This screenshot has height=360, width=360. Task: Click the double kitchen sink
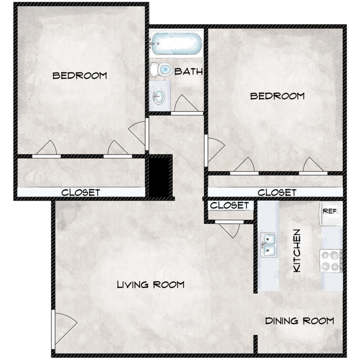point(269,244)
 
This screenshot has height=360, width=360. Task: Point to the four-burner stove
point(331,260)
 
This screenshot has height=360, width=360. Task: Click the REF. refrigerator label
point(330,211)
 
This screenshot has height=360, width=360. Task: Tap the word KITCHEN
point(297,250)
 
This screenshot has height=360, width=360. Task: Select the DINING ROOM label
point(299,321)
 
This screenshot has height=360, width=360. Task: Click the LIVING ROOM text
point(151,285)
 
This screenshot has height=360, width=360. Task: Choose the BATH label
point(188,71)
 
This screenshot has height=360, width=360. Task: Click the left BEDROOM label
point(80,75)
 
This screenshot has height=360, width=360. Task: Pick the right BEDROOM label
point(277,96)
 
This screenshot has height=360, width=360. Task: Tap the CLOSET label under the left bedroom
point(81,192)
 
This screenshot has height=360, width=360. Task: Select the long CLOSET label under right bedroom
point(277,192)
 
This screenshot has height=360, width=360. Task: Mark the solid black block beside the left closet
point(159,176)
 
